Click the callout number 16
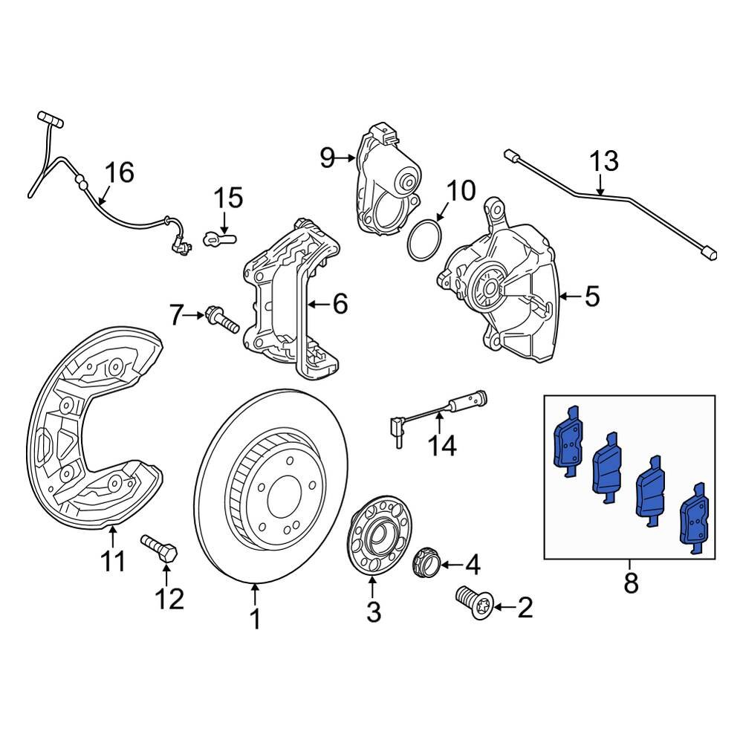click(x=119, y=173)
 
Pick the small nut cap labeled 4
click(x=426, y=562)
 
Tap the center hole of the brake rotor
click(x=282, y=493)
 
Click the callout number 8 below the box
click(x=630, y=583)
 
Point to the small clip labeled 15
click(x=218, y=239)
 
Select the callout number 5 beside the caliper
click(x=591, y=296)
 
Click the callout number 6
click(x=340, y=303)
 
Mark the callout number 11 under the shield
click(x=113, y=561)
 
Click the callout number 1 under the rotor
click(x=255, y=618)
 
